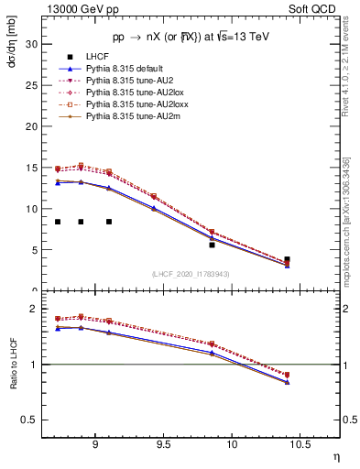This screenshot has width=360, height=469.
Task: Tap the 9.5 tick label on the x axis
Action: coord(163,442)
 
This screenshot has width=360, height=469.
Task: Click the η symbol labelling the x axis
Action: coord(335,455)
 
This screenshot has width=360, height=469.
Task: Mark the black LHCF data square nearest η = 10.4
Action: coord(287,259)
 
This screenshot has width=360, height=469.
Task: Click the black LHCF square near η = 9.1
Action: coord(109,222)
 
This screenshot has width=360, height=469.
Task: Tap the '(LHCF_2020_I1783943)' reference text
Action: coord(190,275)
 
